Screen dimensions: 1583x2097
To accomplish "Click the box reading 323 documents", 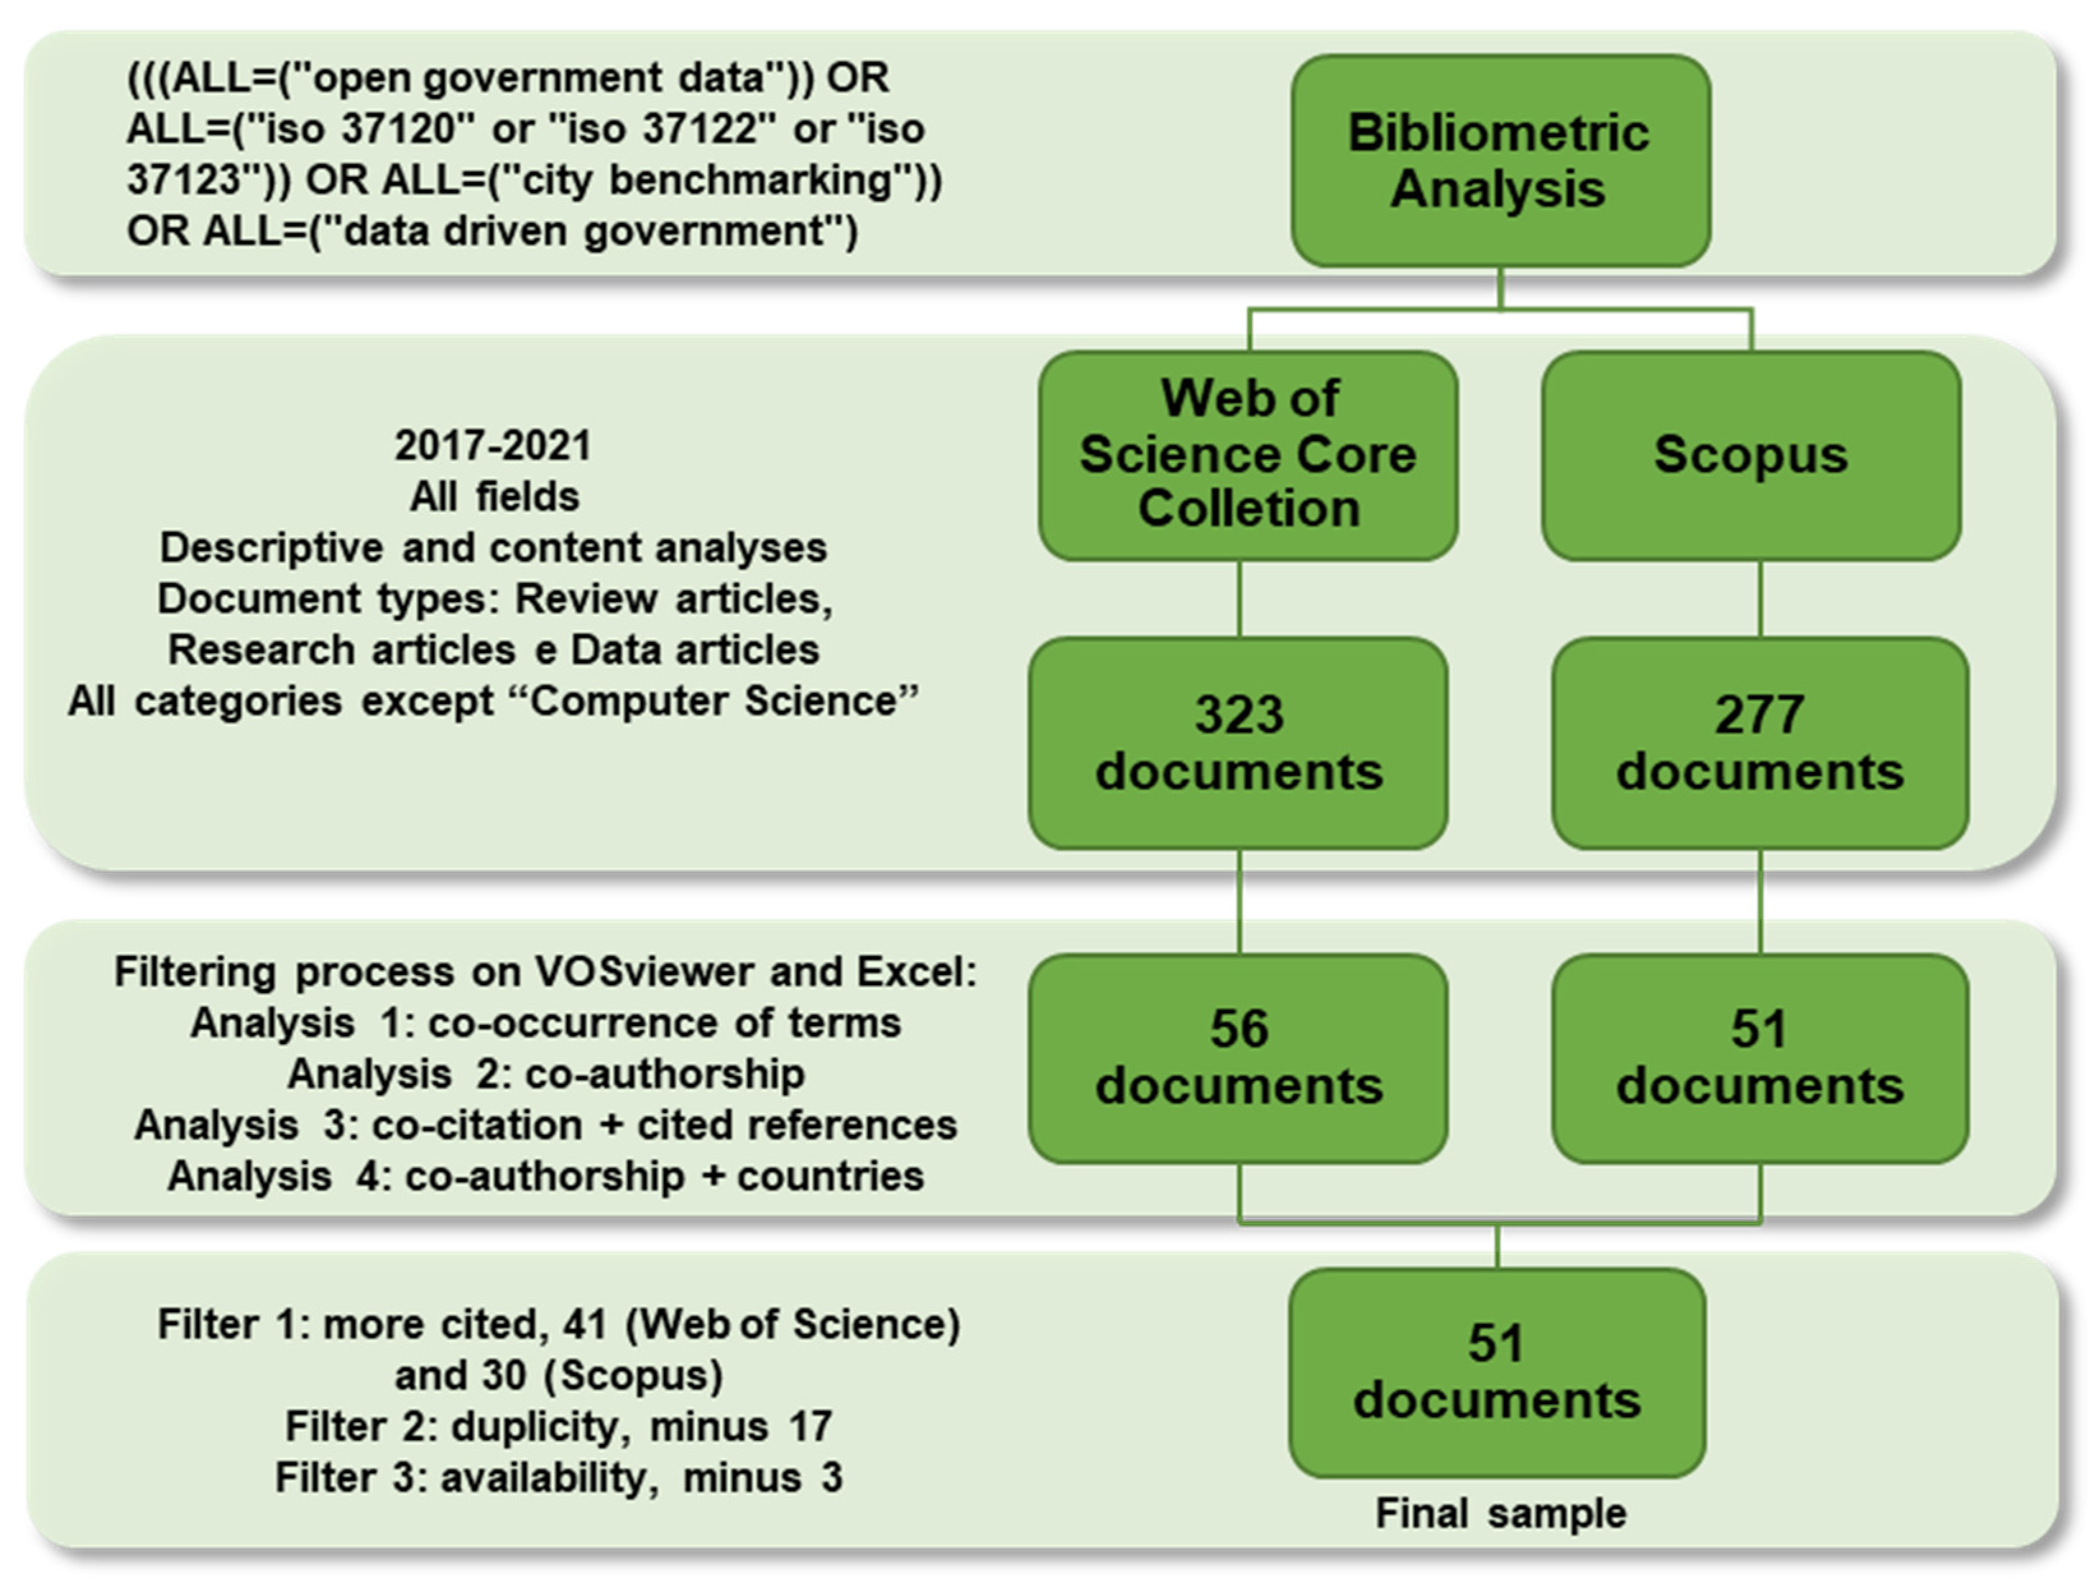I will (x=1238, y=743).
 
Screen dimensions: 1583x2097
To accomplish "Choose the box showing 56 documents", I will (x=1238, y=1057).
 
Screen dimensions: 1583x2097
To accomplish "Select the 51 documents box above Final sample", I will (x=1497, y=1372).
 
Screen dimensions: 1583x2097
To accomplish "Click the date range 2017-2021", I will (x=493, y=446).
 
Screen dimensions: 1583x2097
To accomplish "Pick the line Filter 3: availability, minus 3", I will (x=558, y=1478).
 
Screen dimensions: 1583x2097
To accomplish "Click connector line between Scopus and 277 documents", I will (x=1761, y=598).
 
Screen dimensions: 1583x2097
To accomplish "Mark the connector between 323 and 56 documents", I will (x=1239, y=901).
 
